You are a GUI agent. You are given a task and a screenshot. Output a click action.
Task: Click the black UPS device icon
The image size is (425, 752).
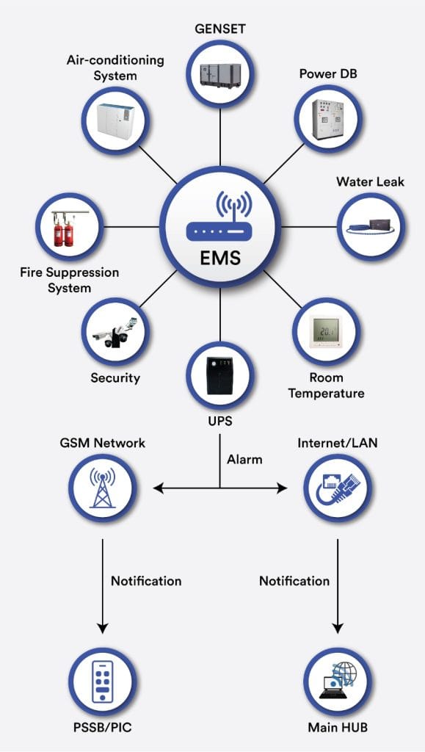[x=220, y=375]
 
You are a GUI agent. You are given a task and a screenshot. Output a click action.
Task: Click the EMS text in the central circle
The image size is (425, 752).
[x=220, y=258]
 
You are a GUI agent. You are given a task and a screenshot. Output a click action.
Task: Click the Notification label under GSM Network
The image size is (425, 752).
[x=146, y=581]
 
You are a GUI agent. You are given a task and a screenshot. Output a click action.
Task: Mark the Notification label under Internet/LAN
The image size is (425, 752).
[x=294, y=581]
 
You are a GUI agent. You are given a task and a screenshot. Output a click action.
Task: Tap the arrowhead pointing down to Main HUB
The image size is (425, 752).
[x=338, y=628]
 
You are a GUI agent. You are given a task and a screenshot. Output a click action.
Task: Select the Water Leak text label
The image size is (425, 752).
[x=370, y=181]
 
